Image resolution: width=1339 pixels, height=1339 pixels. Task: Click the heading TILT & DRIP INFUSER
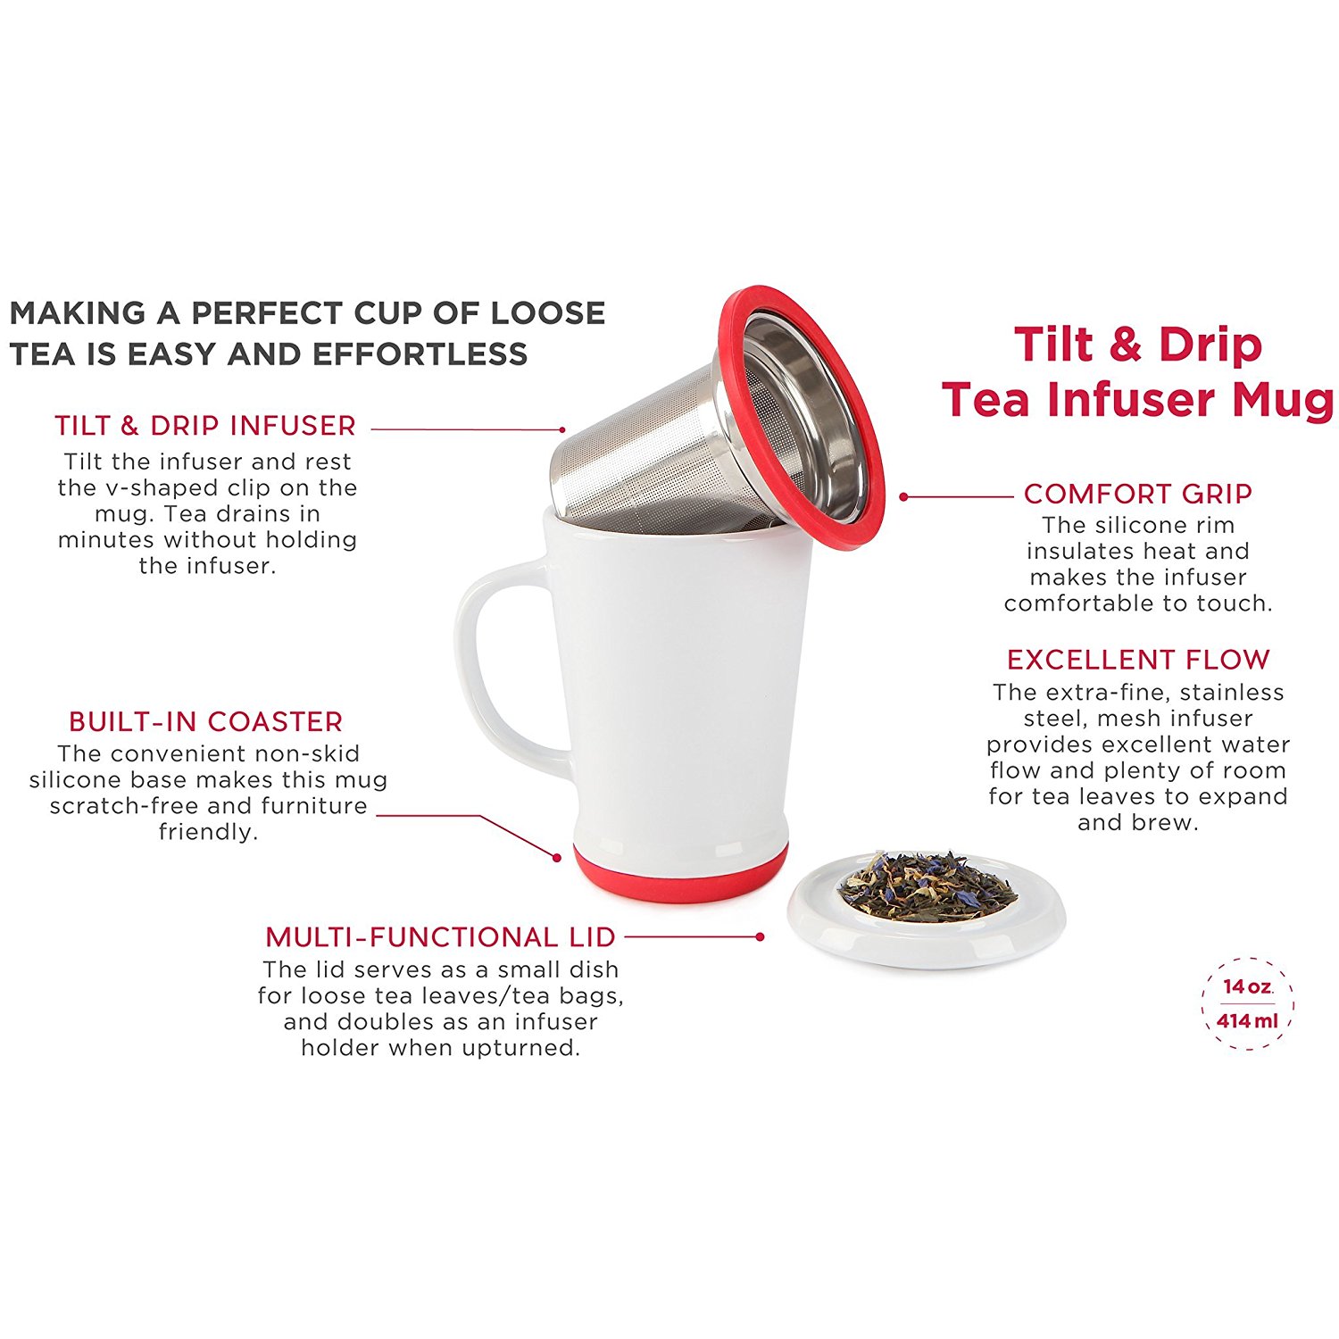[204, 426]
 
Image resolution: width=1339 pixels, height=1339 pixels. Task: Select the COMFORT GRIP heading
[1137, 494]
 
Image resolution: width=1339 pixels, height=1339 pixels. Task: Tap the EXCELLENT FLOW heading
[1137, 660]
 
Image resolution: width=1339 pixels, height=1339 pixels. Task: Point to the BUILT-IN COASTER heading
[205, 721]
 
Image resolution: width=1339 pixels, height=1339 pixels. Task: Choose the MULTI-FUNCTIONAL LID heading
[440, 937]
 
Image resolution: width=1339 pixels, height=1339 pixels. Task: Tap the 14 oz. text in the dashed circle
[1247, 986]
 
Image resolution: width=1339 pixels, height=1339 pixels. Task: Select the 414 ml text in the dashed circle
[1247, 1020]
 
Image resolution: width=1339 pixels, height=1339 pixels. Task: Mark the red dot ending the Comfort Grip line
[903, 496]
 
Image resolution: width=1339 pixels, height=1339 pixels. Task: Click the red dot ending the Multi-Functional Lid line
[760, 936]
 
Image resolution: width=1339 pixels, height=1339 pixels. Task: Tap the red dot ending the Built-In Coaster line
[557, 858]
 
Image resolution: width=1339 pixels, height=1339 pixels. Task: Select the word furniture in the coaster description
[313, 806]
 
